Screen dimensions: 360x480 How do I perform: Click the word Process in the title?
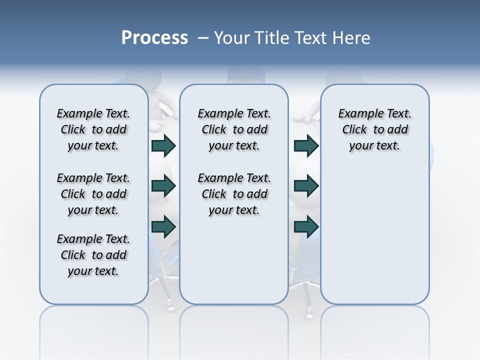(x=154, y=37)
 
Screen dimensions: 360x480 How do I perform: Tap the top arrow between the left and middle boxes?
(x=163, y=145)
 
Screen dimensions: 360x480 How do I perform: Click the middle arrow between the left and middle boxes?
(x=163, y=186)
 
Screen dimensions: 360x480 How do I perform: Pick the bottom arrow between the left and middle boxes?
(x=163, y=226)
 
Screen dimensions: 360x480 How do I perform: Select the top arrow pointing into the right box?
(x=306, y=145)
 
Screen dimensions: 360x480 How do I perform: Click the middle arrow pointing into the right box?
(x=306, y=186)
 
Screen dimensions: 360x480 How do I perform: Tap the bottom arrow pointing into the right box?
(x=306, y=226)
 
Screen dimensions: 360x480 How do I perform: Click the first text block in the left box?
(x=93, y=129)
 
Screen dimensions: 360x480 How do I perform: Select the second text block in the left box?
(x=93, y=194)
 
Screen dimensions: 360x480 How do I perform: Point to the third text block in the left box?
(x=93, y=255)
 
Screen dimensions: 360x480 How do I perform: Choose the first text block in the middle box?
(x=234, y=129)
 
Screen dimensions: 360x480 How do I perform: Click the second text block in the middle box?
(x=234, y=194)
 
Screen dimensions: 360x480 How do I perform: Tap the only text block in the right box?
(x=374, y=129)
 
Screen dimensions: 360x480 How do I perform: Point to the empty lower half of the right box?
(x=374, y=240)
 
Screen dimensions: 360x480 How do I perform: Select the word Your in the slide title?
(x=232, y=38)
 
